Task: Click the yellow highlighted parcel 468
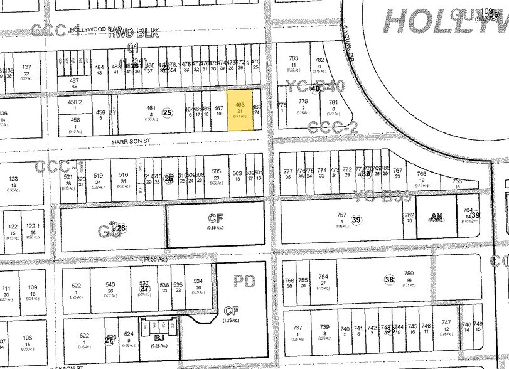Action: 239,109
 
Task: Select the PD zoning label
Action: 245,281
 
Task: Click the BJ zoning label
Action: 160,336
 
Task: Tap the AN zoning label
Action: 436,216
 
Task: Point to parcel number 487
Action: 74,80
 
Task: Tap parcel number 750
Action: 409,273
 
